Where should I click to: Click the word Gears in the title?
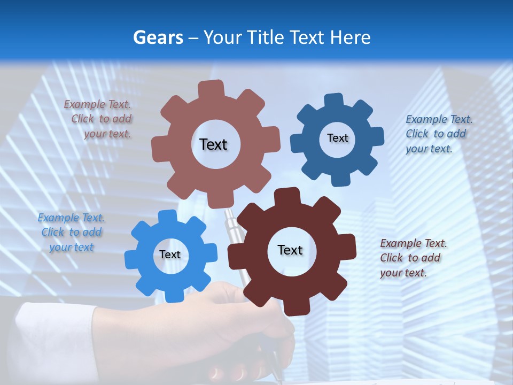(156, 37)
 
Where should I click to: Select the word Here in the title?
(350, 37)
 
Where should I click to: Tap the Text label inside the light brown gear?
(213, 144)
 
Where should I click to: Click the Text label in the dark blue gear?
(337, 138)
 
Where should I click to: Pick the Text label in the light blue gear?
(170, 255)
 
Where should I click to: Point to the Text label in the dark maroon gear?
(290, 250)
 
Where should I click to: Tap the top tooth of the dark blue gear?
(333, 101)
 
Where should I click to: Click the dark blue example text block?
(438, 134)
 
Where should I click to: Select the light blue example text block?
(72, 232)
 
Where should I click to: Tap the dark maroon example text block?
(413, 258)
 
